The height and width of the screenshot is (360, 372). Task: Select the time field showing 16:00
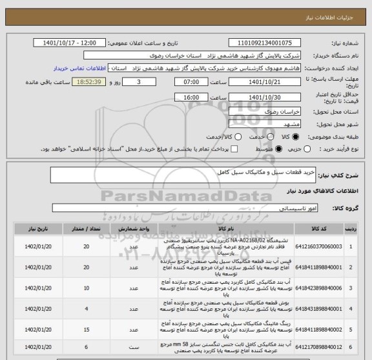pyautogui.click(x=191, y=97)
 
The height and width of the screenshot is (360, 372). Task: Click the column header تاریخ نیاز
pyautogui.click(x=33, y=229)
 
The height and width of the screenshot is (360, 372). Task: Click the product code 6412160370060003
pyautogui.click(x=316, y=246)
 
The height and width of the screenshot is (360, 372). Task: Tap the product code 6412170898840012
pyautogui.click(x=316, y=348)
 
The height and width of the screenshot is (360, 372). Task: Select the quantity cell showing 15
pyautogui.click(x=87, y=330)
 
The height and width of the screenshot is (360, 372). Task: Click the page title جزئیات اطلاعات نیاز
pyautogui.click(x=336, y=6)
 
